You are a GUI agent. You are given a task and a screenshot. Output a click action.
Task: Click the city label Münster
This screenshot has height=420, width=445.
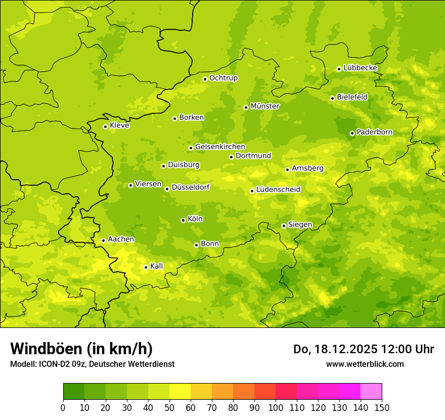[x=265, y=106]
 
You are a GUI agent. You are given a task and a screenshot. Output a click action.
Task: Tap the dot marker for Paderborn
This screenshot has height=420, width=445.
[x=352, y=133]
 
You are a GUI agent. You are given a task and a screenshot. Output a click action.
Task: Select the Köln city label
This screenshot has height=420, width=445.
[x=195, y=219]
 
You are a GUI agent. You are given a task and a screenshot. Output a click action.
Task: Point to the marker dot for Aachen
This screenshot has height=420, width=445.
[x=103, y=240]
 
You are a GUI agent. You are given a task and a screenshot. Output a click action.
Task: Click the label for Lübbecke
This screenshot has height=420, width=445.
[x=360, y=68]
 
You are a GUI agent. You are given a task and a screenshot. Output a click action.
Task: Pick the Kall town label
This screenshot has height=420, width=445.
[x=157, y=266]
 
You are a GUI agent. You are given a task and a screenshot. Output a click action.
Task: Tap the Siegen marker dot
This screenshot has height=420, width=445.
[x=284, y=226]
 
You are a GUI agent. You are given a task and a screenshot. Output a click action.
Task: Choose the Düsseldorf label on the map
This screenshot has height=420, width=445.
[x=190, y=188]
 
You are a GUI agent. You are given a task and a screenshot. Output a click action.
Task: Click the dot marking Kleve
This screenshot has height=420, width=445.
[x=105, y=127]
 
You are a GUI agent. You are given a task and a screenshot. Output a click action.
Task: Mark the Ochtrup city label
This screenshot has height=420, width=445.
[x=224, y=78]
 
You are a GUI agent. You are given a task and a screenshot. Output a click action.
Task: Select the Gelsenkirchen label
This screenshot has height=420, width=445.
[x=220, y=147]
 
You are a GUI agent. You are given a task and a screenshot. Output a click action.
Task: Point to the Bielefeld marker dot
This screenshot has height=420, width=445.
[x=332, y=98]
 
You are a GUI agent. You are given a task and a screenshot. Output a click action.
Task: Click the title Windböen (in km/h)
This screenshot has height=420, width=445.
[x=81, y=349]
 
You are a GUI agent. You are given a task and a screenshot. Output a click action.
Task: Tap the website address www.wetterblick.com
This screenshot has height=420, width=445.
[x=365, y=364]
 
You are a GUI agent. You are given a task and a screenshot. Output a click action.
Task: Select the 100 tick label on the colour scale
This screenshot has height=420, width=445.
[x=276, y=407]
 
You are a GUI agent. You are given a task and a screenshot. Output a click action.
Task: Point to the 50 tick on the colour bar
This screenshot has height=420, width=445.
[x=169, y=407]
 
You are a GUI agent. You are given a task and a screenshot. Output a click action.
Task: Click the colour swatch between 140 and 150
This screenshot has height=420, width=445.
[x=371, y=391]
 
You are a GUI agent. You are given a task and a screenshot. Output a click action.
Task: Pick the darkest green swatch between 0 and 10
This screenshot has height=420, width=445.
[x=74, y=391]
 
